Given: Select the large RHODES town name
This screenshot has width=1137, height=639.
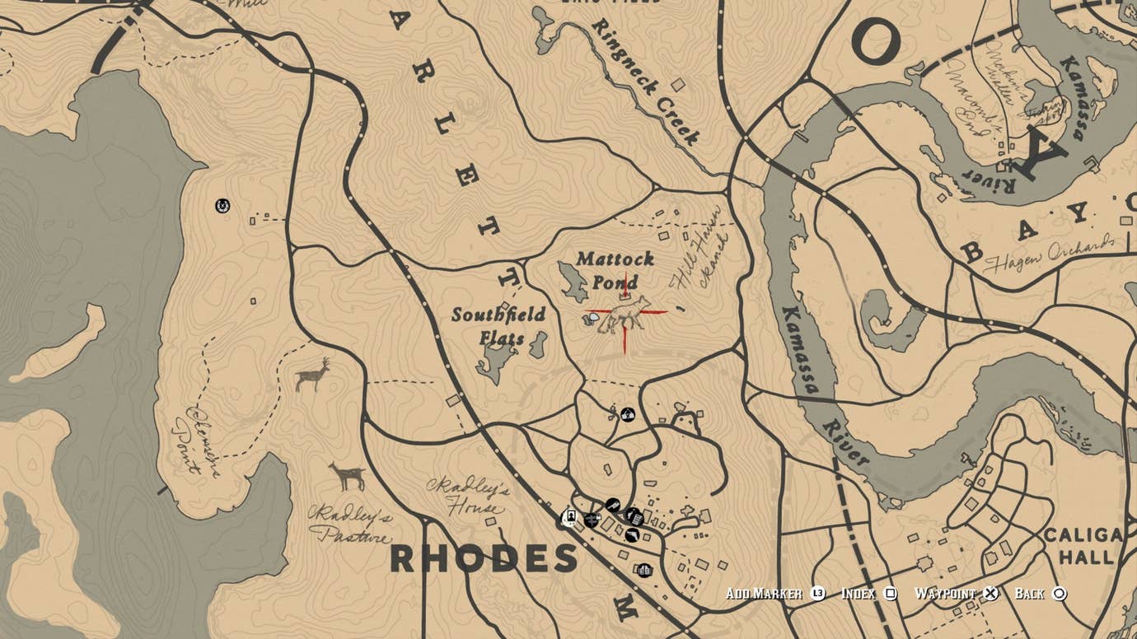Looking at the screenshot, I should (484, 559).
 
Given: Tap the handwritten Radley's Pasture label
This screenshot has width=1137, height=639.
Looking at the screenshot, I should (349, 525).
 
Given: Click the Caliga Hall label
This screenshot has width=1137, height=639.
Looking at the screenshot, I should (1083, 546).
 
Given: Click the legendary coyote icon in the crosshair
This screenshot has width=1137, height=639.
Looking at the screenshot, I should (625, 315).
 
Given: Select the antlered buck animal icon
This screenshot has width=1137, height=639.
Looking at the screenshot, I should (312, 375).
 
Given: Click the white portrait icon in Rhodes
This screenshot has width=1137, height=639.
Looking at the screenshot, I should (568, 517).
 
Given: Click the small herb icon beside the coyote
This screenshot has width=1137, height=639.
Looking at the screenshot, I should (592, 317).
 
